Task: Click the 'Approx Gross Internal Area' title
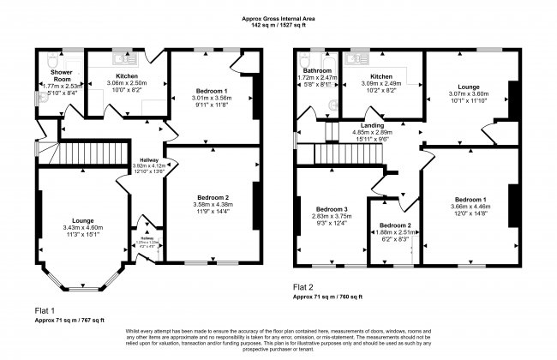coord(278,17)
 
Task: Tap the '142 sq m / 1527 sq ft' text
coord(278,25)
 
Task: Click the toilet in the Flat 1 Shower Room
coord(54,60)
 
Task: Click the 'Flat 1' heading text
coord(45,309)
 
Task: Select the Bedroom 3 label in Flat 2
coord(330,210)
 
